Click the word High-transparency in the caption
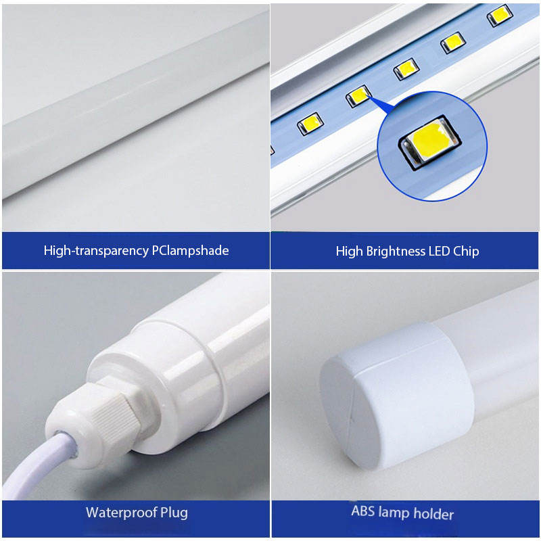pyautogui.click(x=96, y=250)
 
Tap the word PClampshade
pyautogui.click(x=190, y=250)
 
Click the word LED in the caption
pyautogui.click(x=439, y=251)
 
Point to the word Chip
pyautogui.click(x=466, y=251)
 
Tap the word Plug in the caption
pyautogui.click(x=174, y=513)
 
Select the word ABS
pyautogui.click(x=362, y=511)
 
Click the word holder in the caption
pyautogui.click(x=433, y=514)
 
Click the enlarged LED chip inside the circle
pyautogui.click(x=430, y=142)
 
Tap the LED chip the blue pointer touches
pyautogui.click(x=358, y=95)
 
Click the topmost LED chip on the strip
pyautogui.click(x=500, y=15)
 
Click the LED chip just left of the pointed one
pyautogui.click(x=310, y=123)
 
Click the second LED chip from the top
pyautogui.click(x=452, y=43)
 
